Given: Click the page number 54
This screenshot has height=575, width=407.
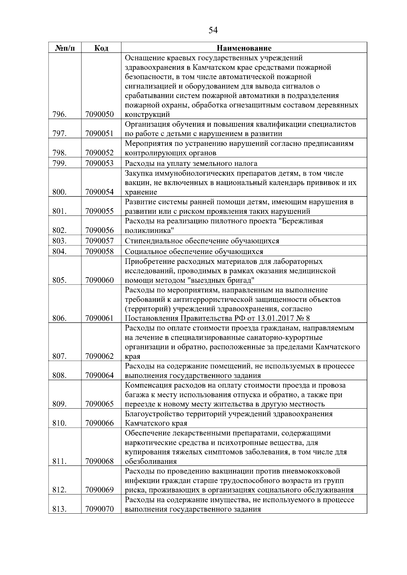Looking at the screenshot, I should click(213, 30).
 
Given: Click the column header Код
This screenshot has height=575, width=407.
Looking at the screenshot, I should click(101, 48).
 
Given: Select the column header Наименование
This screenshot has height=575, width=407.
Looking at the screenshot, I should click(244, 48).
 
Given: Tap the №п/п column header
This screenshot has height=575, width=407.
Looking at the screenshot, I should click(65, 48).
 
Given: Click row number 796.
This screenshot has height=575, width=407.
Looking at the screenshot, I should click(60, 114).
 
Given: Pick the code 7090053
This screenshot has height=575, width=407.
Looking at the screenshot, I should click(100, 163).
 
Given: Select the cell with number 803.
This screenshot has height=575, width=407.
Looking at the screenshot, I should click(60, 241).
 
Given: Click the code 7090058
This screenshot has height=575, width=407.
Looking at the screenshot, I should click(100, 251).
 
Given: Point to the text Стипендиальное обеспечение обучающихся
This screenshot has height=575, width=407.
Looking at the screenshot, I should click(202, 241).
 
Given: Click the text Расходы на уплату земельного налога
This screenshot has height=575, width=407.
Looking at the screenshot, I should click(191, 163).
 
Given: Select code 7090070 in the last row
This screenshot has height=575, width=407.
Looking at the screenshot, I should click(100, 509).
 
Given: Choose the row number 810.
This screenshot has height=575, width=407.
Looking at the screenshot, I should click(60, 423).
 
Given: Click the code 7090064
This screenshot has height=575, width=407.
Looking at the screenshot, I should click(100, 375).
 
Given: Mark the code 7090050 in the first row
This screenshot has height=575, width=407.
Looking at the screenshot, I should click(100, 114).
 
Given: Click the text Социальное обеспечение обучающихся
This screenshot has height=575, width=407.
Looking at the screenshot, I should click(194, 251).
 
